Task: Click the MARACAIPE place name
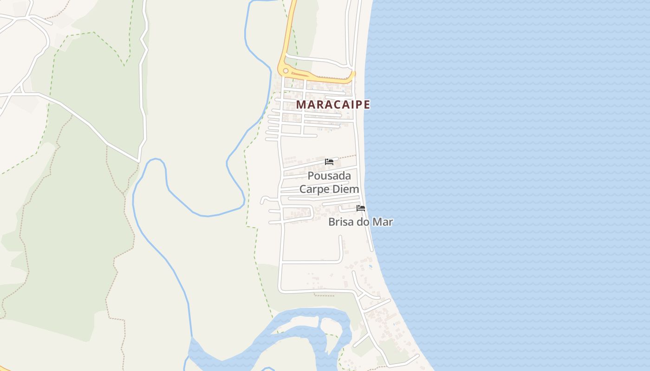pos(333,104)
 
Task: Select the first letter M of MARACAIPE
pos(301,104)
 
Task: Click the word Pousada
pos(329,176)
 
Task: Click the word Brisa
pos(340,222)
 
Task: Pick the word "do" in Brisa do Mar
pos(362,222)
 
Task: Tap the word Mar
pos(383,222)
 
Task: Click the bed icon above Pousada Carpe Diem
pos(329,161)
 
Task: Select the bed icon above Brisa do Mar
pos(361,208)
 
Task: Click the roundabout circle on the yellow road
pos(286,71)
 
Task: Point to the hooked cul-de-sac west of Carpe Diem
pos(263,200)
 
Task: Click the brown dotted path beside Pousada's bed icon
pos(347,157)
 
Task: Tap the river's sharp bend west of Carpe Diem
pos(244,202)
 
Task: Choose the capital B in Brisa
pos(331,222)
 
